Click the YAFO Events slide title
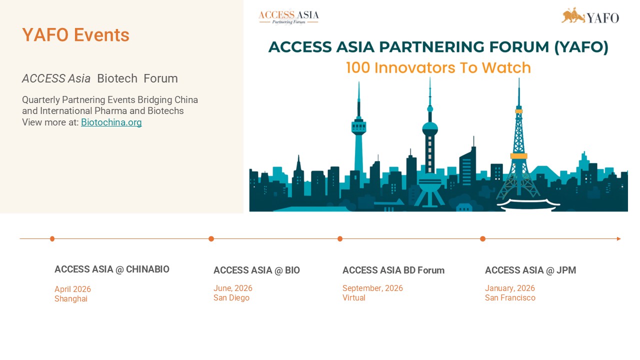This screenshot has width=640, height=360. click(75, 35)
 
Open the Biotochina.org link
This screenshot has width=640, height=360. click(111, 122)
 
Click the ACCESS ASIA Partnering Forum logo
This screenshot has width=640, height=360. click(288, 16)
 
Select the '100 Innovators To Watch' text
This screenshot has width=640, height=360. click(438, 68)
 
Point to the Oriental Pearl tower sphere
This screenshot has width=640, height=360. click(430, 128)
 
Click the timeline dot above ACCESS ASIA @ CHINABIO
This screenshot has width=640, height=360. click(52, 239)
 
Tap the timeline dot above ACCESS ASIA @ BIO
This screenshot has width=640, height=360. click(211, 239)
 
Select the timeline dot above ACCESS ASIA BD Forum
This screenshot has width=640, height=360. click(340, 239)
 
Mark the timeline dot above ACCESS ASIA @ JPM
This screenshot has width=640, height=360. click(482, 239)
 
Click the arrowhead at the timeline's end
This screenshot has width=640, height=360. click(618, 239)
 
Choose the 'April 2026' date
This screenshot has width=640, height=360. click(72, 289)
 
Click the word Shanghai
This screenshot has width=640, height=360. click(70, 299)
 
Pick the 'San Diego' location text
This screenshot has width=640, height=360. click(231, 298)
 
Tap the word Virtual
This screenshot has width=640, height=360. click(353, 298)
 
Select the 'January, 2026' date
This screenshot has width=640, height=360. click(509, 288)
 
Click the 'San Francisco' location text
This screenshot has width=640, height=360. click(509, 298)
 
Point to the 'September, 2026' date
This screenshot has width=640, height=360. click(372, 288)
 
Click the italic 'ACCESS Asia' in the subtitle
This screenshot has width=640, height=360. click(56, 79)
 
